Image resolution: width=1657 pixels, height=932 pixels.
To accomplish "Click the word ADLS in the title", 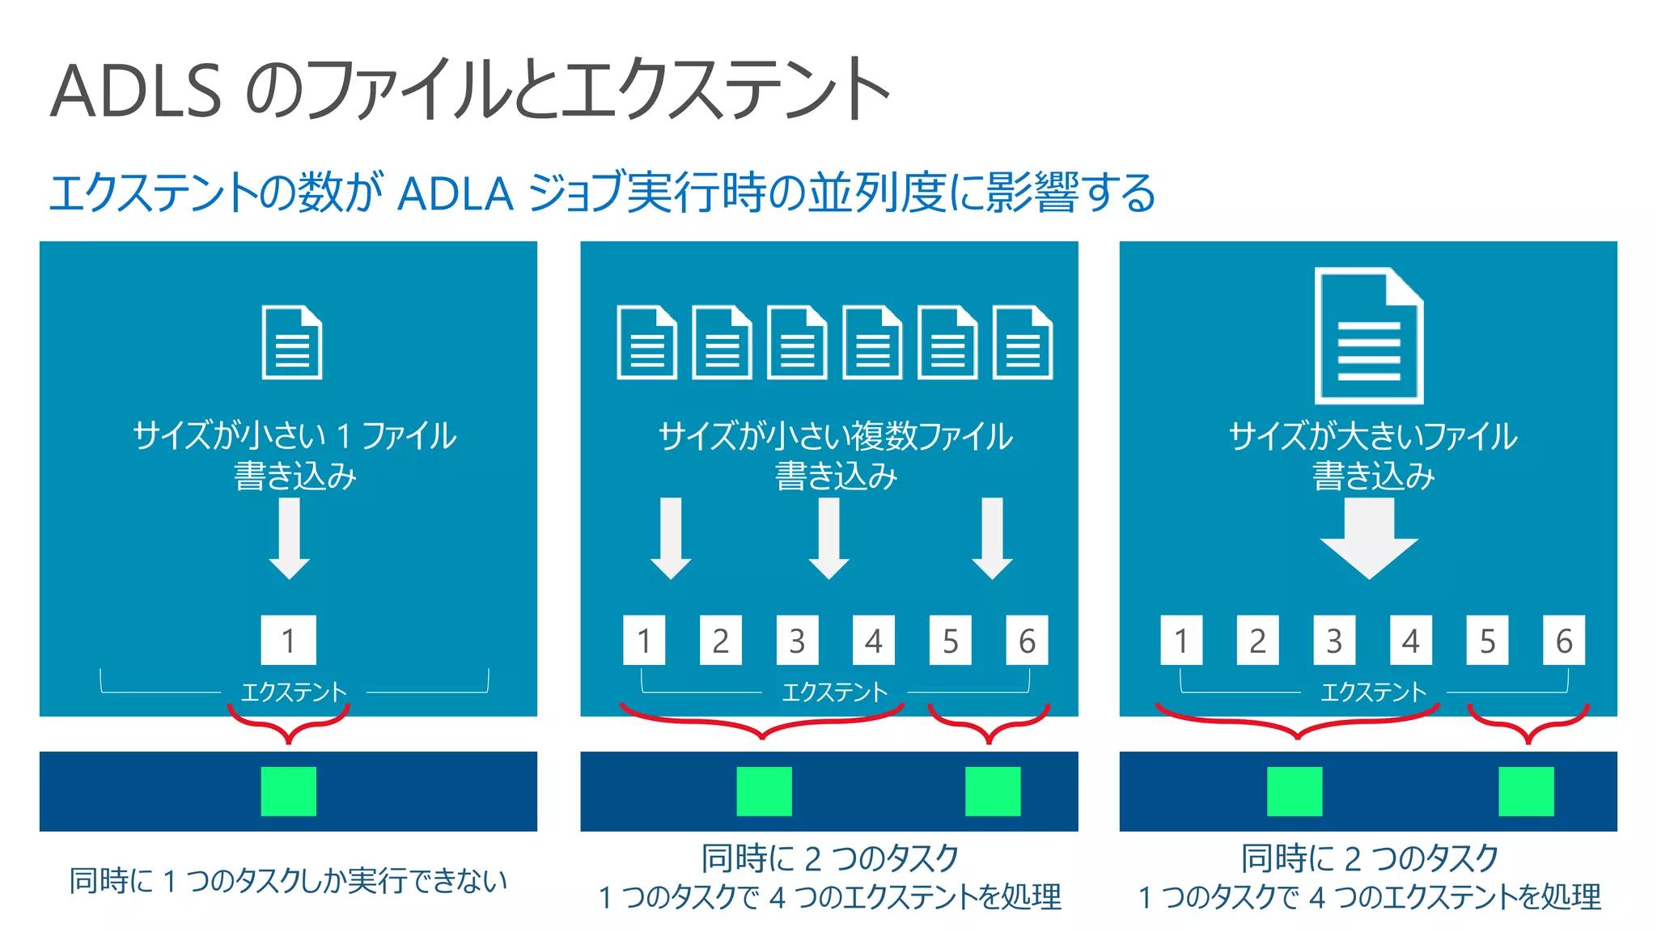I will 136,91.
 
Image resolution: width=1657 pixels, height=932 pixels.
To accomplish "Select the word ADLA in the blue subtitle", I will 456,193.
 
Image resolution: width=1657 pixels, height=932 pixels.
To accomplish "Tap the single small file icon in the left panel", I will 292,342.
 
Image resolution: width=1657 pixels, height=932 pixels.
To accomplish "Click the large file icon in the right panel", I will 1368,335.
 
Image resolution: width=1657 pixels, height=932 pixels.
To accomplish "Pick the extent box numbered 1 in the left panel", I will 288,640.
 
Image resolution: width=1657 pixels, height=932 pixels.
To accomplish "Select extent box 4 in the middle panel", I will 873,640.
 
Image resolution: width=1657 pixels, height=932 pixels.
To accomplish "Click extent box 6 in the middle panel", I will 1027,640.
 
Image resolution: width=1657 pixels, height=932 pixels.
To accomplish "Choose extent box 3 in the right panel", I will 1334,640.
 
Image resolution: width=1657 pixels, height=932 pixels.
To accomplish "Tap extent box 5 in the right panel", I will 1487,640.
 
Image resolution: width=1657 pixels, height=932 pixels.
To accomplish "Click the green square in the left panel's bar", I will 288,791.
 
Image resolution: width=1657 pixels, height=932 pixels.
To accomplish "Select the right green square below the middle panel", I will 993,791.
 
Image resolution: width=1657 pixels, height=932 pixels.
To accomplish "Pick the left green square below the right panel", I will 1295,791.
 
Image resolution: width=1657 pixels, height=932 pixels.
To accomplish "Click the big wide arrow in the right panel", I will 1369,538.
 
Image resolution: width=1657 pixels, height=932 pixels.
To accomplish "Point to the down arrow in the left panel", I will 289,538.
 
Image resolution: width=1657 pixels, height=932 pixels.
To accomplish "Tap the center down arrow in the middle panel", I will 828,538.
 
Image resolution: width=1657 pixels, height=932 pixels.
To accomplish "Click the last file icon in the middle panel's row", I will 1023,342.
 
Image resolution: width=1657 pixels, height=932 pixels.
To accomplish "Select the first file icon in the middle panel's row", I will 646,342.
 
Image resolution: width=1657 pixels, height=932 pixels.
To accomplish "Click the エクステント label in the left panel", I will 294,692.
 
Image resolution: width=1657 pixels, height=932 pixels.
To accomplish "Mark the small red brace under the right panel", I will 1528,722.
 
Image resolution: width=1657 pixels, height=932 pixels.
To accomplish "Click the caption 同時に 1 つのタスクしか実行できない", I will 288,880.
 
